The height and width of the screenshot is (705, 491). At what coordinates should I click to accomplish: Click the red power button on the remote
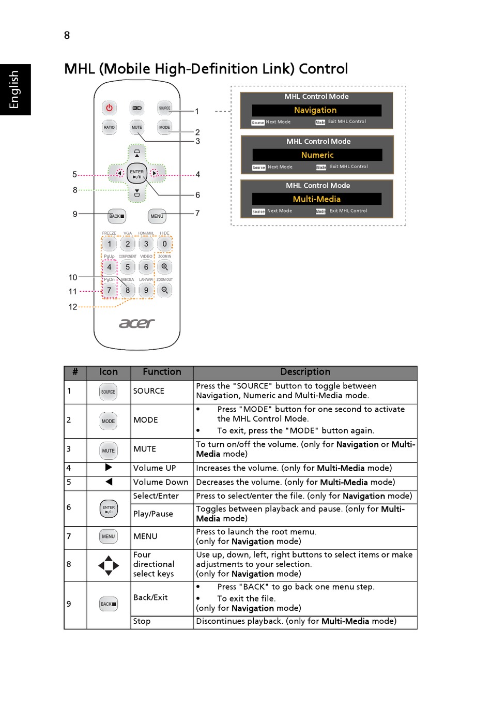pyautogui.click(x=109, y=108)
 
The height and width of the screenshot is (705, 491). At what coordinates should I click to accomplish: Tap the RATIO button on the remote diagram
pyautogui.click(x=109, y=127)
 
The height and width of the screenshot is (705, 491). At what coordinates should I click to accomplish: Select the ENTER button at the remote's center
pyautogui.click(x=137, y=174)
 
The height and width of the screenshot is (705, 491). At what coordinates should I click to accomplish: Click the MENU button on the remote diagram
pyautogui.click(x=157, y=216)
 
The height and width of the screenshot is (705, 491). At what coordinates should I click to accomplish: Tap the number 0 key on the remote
pyautogui.click(x=165, y=244)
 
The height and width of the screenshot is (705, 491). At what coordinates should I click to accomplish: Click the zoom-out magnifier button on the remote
pyautogui.click(x=165, y=290)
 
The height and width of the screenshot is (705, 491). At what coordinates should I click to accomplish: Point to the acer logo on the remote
pyautogui.click(x=137, y=323)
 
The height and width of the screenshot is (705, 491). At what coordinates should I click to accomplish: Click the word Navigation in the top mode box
pyautogui.click(x=315, y=110)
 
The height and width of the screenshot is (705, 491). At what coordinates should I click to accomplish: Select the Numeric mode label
pyautogui.click(x=317, y=155)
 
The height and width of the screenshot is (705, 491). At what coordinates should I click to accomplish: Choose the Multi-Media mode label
pyautogui.click(x=317, y=199)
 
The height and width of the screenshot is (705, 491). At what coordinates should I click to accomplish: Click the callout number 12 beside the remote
pyautogui.click(x=73, y=307)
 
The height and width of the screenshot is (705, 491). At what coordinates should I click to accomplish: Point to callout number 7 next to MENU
pyautogui.click(x=197, y=213)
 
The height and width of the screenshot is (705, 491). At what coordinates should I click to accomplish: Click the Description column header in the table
pyautogui.click(x=305, y=372)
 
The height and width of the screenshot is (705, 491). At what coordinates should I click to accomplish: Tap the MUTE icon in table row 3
pyautogui.click(x=109, y=451)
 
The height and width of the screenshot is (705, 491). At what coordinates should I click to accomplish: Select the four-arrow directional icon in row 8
pyautogui.click(x=109, y=565)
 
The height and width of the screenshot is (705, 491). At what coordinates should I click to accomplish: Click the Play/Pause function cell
pyautogui.click(x=153, y=514)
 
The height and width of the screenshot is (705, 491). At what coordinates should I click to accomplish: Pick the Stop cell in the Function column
pyautogui.click(x=142, y=621)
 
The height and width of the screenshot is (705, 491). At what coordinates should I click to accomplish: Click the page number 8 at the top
pyautogui.click(x=67, y=35)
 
